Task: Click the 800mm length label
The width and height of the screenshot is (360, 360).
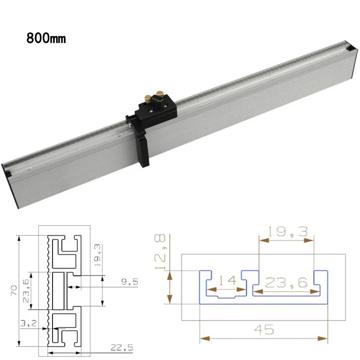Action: point(46,38)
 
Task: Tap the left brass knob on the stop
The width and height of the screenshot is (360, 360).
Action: point(148,99)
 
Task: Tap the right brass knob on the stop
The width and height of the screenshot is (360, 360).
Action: point(159,94)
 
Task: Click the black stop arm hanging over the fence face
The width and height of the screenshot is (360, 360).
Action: point(142,150)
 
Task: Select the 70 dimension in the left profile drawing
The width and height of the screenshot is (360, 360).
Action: point(13,291)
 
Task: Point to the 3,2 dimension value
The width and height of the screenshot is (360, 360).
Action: point(28,323)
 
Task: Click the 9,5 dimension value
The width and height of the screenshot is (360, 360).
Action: point(130,282)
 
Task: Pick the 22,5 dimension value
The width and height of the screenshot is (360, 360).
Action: point(121,347)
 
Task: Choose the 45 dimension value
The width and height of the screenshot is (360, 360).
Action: point(264,329)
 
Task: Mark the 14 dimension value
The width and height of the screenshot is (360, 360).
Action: point(228,280)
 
